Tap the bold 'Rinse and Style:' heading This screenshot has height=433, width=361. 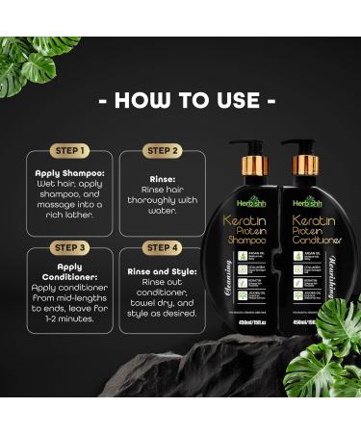point(165,272)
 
